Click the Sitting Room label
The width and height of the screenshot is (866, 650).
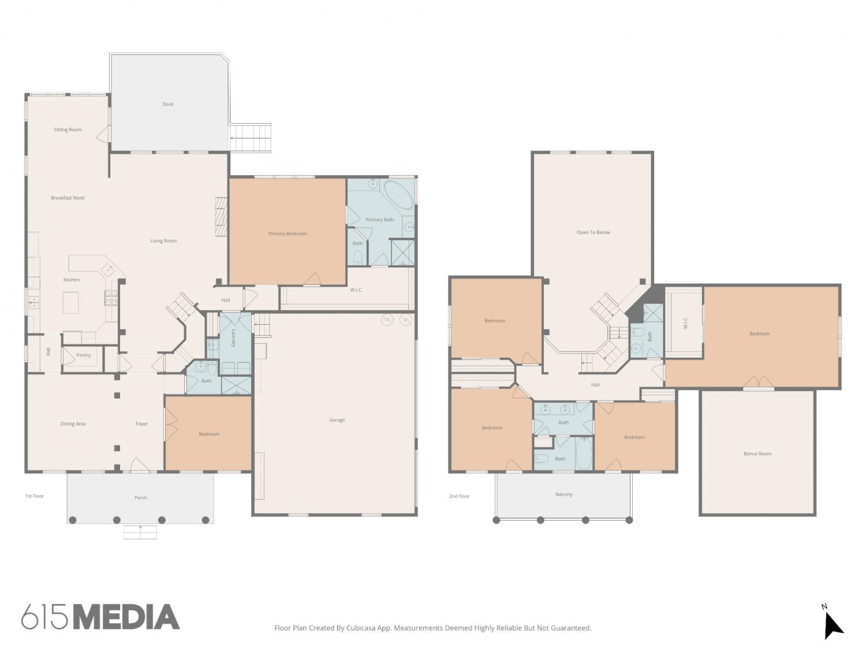click(68, 129)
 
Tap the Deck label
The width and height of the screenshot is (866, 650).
click(168, 104)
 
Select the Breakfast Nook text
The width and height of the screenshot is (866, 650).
click(68, 198)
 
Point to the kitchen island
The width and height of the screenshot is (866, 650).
click(70, 303)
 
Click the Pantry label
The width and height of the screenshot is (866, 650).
click(83, 355)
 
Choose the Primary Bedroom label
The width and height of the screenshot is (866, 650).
click(288, 233)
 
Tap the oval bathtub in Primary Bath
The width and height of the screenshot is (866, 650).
click(398, 195)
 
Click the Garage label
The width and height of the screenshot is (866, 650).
click(337, 420)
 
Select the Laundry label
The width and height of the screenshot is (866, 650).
click(234, 338)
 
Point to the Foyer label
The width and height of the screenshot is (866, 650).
click(141, 424)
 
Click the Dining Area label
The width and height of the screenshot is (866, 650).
click(73, 424)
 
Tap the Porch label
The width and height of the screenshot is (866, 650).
click(141, 497)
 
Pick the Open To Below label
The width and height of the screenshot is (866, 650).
click(593, 232)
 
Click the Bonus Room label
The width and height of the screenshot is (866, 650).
click(757, 454)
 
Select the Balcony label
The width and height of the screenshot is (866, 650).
click(564, 494)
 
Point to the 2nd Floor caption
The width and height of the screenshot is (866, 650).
click(459, 496)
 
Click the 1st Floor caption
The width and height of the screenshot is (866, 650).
click(34, 496)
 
